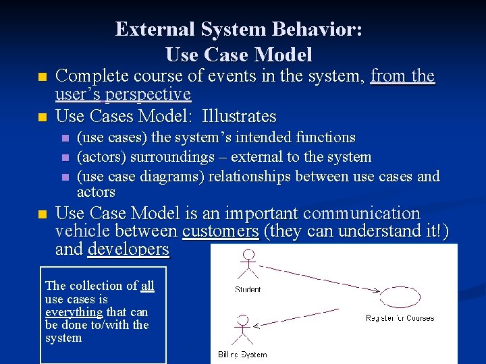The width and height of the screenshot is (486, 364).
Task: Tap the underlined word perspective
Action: click(x=151, y=94)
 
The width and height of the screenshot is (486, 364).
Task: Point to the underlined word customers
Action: click(x=220, y=231)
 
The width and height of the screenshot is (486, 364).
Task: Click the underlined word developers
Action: click(x=128, y=249)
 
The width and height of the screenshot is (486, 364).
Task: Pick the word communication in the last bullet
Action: click(x=362, y=214)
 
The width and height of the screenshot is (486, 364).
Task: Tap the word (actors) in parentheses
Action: click(x=101, y=157)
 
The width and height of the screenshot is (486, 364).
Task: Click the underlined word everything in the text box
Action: click(x=73, y=312)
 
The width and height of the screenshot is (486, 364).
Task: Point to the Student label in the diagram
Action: click(x=248, y=290)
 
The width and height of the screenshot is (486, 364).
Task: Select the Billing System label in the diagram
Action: click(x=242, y=355)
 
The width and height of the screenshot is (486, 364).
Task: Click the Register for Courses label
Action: click(x=400, y=318)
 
